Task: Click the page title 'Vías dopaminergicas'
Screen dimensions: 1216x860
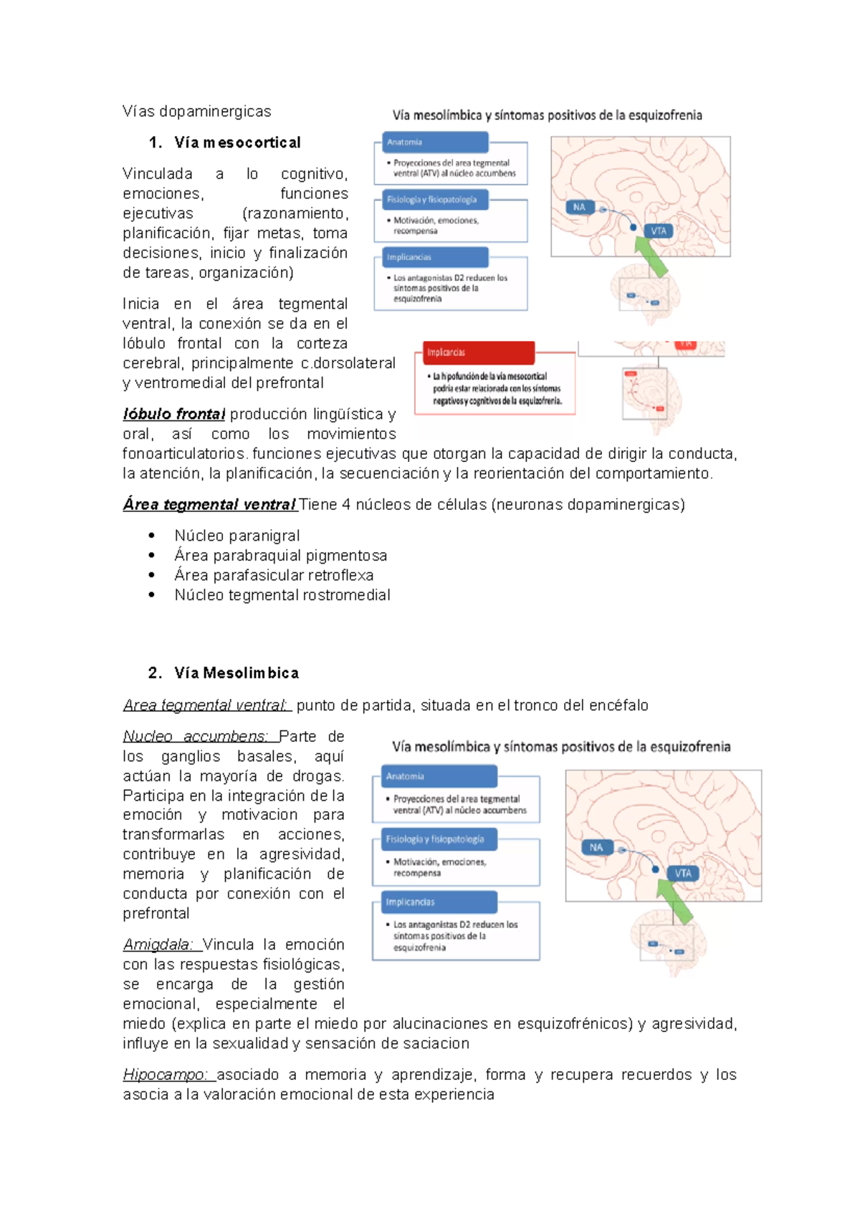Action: coord(196,111)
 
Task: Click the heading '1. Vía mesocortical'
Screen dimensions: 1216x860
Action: coord(225,143)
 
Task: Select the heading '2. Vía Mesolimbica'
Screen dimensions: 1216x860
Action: coord(224,672)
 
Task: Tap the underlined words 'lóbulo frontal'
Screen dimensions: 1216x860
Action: coord(174,414)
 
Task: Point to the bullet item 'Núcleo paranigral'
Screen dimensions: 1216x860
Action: coord(236,536)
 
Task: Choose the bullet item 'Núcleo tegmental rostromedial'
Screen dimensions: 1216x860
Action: coord(282,595)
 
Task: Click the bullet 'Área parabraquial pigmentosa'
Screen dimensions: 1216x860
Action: coord(280,556)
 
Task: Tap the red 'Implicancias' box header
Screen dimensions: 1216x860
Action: coord(478,352)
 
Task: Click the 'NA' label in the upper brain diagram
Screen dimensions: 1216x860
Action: coord(579,207)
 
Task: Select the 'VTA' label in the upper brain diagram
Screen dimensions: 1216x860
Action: coord(659,231)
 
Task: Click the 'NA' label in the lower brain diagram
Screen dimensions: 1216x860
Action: coord(596,847)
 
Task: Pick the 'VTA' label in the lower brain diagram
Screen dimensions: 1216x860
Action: coord(683,873)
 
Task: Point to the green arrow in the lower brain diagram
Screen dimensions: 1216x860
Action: coord(675,901)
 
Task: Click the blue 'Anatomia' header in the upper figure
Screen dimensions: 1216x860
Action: coord(435,142)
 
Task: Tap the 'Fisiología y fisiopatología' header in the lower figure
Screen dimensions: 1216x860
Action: coord(434,839)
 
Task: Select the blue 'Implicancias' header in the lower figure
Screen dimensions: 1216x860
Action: coord(434,902)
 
